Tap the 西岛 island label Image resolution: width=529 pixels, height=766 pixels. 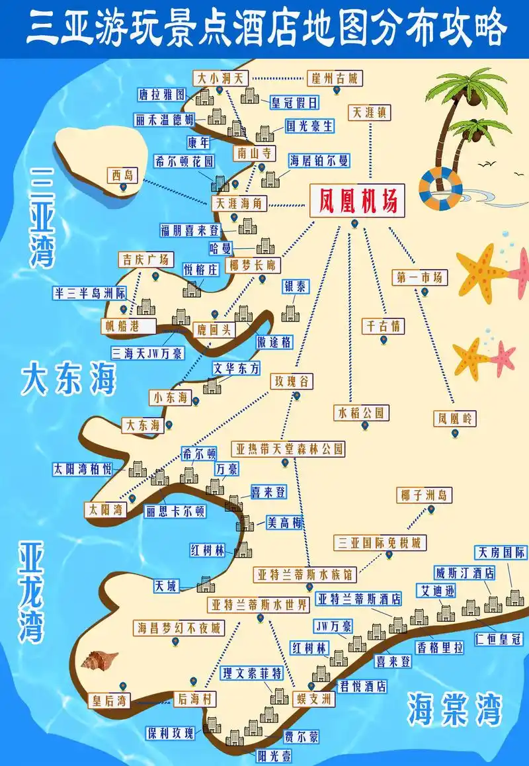pyautogui.click(x=122, y=175)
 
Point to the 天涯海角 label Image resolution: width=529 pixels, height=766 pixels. pyautogui.click(x=239, y=203)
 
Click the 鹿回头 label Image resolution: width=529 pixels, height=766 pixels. pyautogui.click(x=214, y=329)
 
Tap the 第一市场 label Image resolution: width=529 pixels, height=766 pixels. pyautogui.click(x=419, y=277)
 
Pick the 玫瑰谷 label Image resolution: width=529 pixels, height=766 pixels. pyautogui.click(x=291, y=382)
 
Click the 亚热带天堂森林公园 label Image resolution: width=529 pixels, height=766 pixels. pyautogui.click(x=288, y=448)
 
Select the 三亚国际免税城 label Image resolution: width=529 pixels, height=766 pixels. pyautogui.click(x=380, y=542)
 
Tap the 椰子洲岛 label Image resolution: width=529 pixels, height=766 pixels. pyautogui.click(x=424, y=495)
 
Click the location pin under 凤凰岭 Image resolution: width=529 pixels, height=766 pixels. pyautogui.click(x=456, y=433)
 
